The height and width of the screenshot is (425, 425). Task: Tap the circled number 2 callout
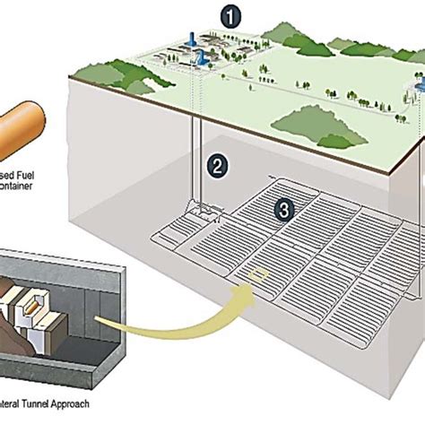(216, 164)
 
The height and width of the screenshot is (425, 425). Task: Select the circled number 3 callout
(284, 210)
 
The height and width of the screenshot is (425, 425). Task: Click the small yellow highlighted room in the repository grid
(259, 273)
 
